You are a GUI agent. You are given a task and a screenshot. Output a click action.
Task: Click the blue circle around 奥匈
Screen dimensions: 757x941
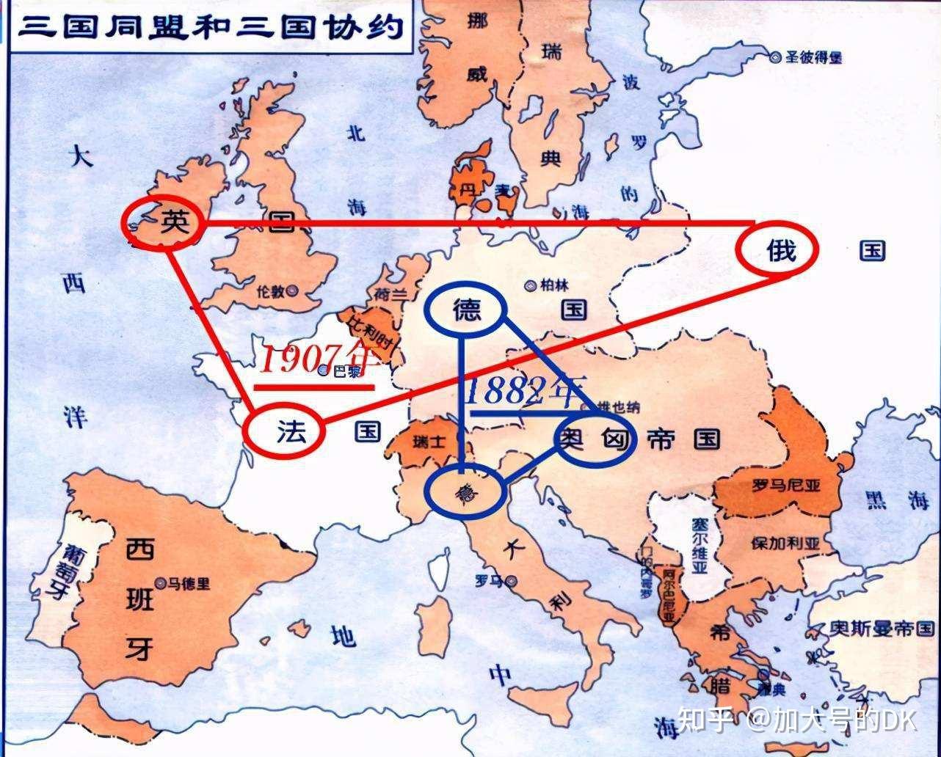point(595,439)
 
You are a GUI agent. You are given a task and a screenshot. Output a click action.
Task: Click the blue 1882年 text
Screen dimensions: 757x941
point(526,390)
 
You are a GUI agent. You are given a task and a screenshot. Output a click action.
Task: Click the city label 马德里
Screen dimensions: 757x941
point(188,584)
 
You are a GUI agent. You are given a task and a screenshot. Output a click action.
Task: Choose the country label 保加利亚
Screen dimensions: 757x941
point(784,544)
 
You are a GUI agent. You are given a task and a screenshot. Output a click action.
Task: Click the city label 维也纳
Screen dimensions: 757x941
point(618,407)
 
